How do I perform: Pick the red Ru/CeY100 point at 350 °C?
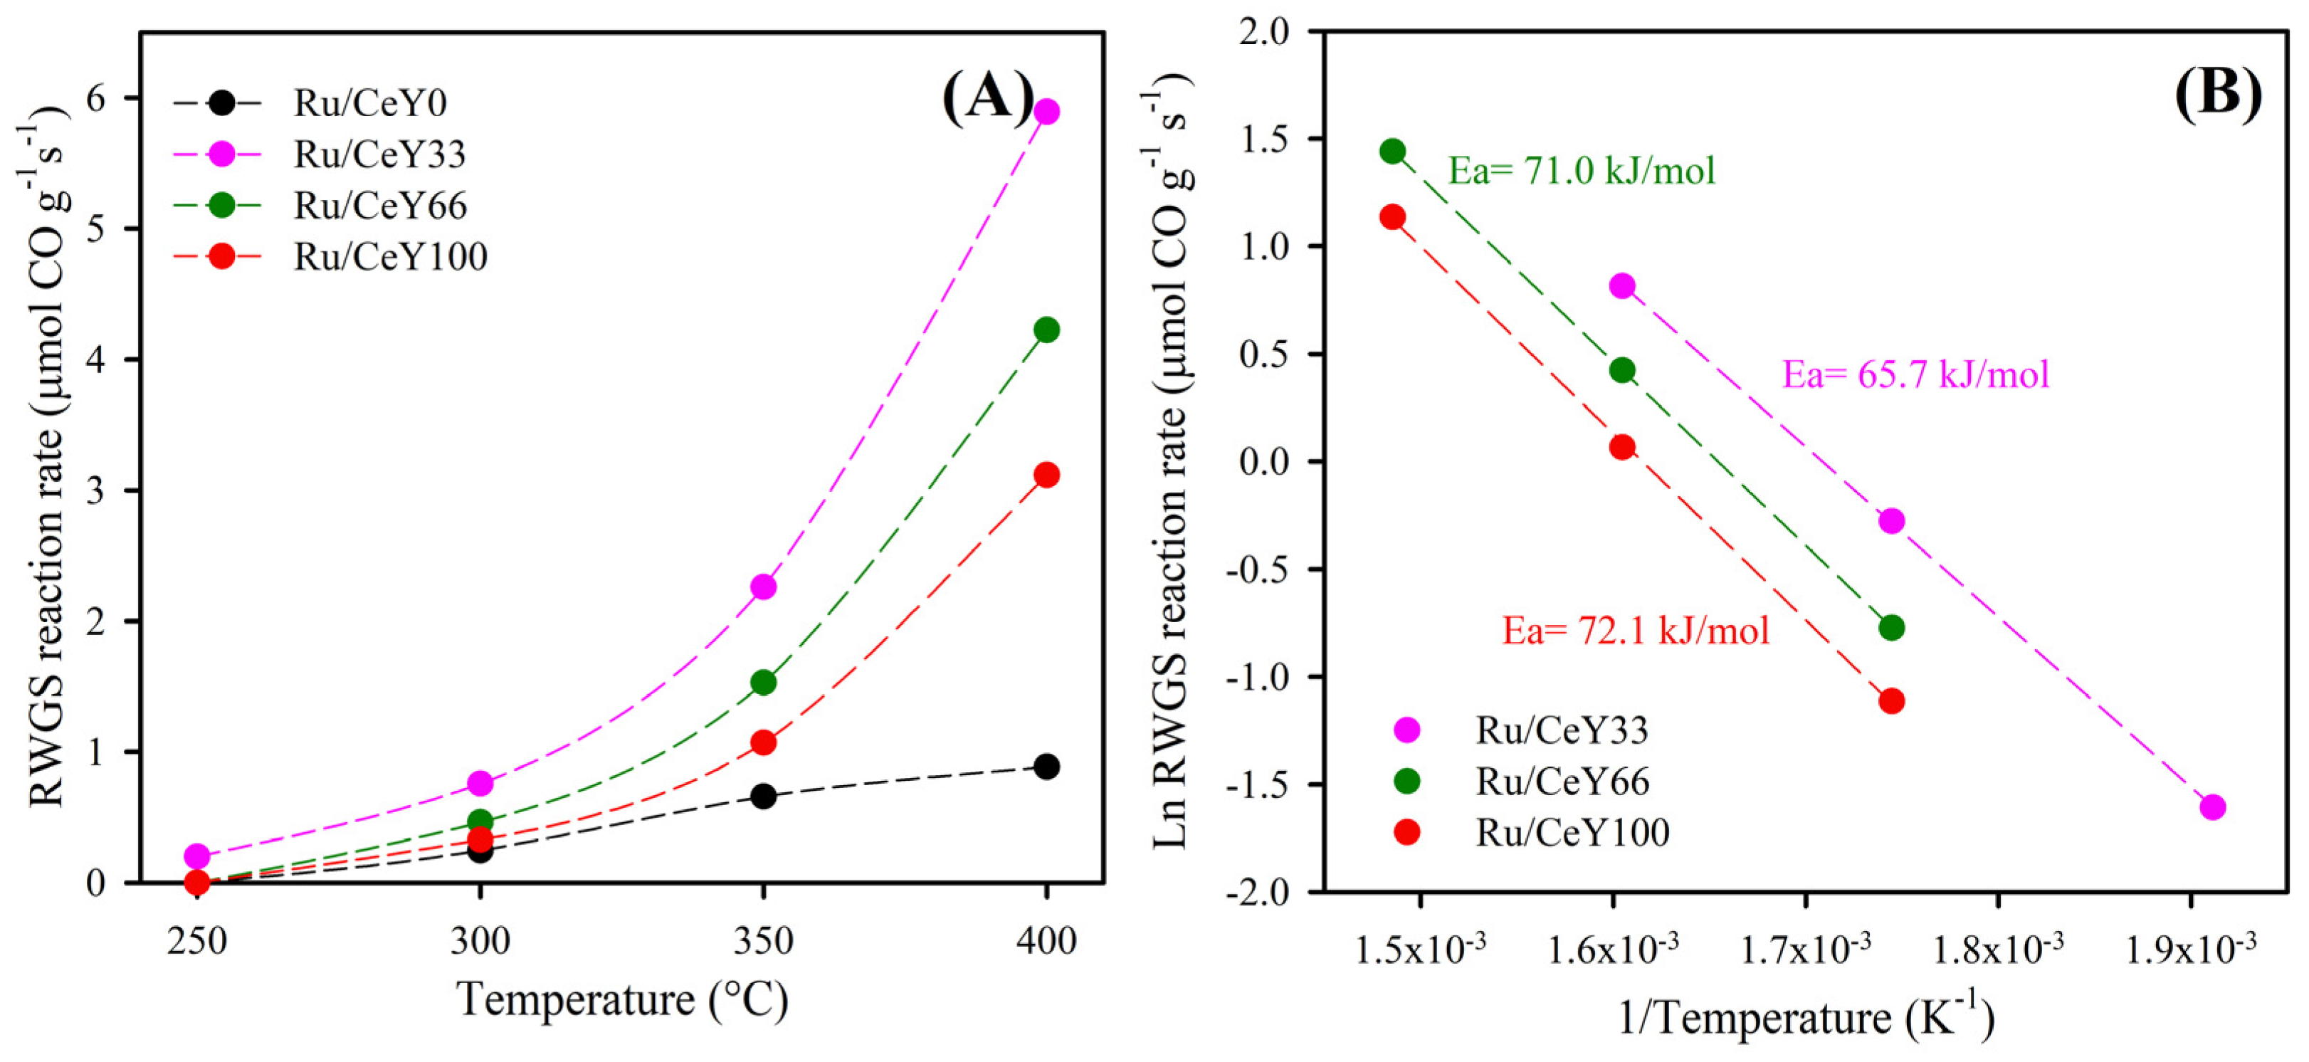point(763,742)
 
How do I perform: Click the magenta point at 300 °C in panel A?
point(480,783)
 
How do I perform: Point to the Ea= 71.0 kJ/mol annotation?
point(1581,170)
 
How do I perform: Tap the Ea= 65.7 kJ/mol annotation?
point(1915,374)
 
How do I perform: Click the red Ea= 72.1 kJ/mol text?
point(1636,631)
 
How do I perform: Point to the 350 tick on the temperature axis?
point(763,941)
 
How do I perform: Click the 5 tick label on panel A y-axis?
point(96,228)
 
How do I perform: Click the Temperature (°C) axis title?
point(623,999)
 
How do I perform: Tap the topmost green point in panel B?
point(1392,152)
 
